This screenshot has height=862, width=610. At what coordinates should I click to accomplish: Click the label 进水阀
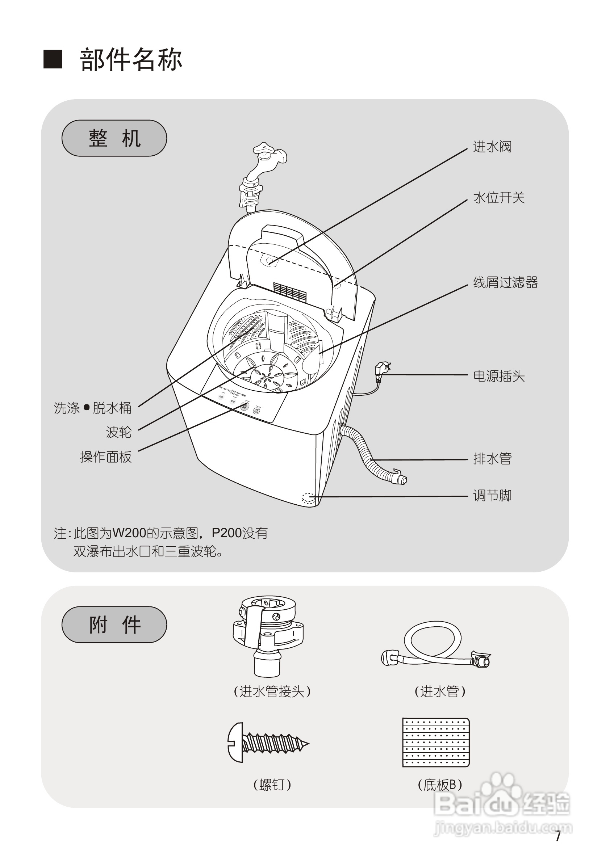[492, 147]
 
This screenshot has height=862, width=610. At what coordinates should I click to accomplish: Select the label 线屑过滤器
[505, 282]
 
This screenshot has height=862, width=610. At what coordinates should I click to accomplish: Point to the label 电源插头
[498, 376]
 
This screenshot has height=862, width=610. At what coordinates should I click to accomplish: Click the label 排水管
[492, 458]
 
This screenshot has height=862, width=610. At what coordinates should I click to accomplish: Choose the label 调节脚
[492, 496]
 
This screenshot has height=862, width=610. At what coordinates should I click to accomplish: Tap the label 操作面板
[105, 457]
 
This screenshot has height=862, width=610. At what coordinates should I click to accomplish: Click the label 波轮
[118, 432]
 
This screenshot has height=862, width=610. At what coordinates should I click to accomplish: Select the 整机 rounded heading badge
[114, 138]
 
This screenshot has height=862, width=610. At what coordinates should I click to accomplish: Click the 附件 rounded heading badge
[114, 625]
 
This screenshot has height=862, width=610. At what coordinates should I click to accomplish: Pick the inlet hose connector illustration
[267, 635]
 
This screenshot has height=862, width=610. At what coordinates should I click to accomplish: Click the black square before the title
[53, 59]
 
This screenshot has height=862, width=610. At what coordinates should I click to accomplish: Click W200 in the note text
[129, 533]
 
